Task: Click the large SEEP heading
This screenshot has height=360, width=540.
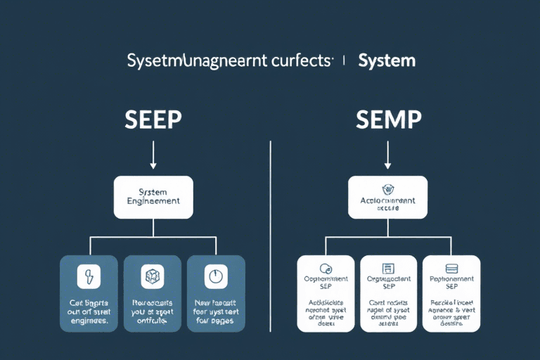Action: coord(153,120)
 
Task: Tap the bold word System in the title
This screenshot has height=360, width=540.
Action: coord(387,61)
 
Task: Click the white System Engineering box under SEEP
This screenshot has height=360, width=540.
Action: coord(153,196)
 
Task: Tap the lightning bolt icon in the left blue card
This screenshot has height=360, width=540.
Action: coord(89,276)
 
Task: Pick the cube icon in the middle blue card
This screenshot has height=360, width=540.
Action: coord(153,276)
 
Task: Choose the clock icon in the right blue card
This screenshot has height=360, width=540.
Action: coord(215,276)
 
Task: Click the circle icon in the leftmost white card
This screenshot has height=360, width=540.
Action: coord(325,269)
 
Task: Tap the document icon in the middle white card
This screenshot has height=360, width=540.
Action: coord(387,269)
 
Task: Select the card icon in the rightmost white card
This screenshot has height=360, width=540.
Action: coord(451,269)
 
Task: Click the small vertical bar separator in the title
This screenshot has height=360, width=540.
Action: coord(344,61)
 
